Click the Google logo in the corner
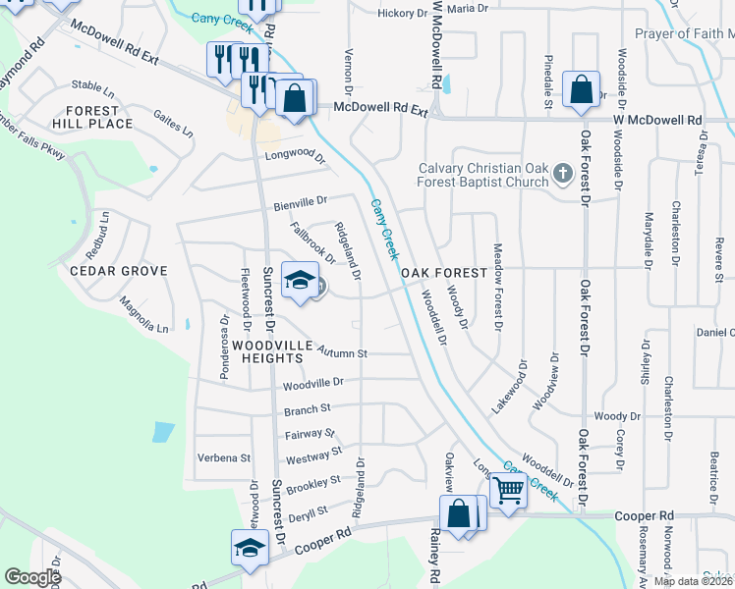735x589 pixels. [32, 577]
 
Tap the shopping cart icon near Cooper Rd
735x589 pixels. [509, 489]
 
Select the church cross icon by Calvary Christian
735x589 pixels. [562, 174]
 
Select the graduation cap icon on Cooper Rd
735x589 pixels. [250, 547]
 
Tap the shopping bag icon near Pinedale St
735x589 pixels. [581, 89]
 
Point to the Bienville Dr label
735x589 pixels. [301, 203]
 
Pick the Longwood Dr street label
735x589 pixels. [293, 157]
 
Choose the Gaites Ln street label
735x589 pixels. [173, 123]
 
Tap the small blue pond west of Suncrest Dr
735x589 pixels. [163, 432]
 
